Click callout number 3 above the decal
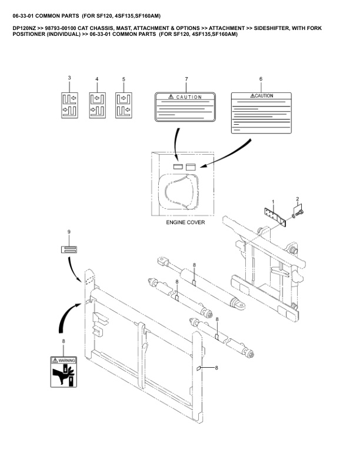[69, 78]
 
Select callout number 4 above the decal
[96, 79]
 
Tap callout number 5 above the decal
[124, 79]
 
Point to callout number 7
[186, 79]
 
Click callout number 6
[261, 78]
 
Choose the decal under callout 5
[124, 104]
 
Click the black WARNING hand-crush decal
[64, 372]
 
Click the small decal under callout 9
[69, 249]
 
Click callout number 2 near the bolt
[298, 199]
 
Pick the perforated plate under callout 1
[275, 215]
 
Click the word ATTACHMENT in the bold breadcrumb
[229, 28]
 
